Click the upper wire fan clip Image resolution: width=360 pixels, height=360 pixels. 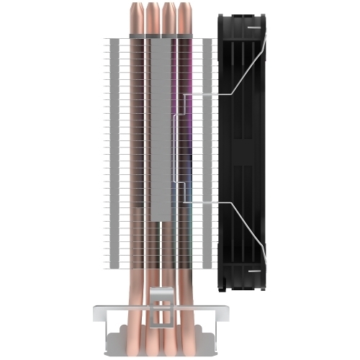[216, 94]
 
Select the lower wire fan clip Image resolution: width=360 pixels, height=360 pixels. [216, 204]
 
